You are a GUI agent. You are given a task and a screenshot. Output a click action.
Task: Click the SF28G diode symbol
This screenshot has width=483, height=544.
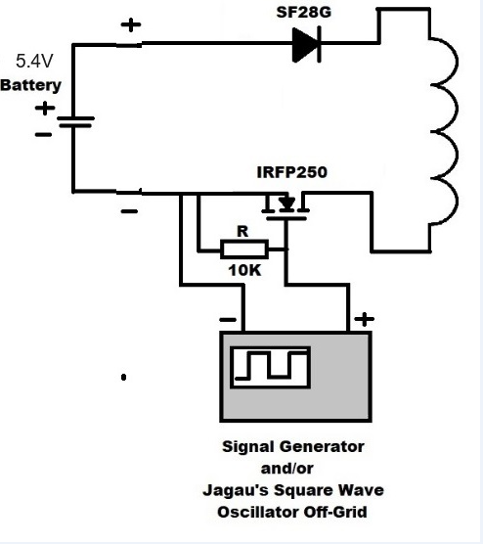[x=306, y=45]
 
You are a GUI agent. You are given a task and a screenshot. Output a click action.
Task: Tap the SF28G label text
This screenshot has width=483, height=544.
[x=304, y=12]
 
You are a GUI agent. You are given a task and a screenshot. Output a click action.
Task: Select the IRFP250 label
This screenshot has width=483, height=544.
[x=292, y=172]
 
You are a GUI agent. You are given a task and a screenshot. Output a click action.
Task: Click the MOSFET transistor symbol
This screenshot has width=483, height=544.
[x=285, y=208]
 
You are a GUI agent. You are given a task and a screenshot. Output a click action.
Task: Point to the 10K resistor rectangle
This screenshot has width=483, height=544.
[x=244, y=249]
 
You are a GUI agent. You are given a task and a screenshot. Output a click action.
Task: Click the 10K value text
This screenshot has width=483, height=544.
[x=244, y=270]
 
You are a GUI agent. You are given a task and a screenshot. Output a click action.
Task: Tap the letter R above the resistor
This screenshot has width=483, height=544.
[x=242, y=232]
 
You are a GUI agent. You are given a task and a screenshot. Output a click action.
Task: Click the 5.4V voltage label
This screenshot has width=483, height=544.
[x=34, y=61]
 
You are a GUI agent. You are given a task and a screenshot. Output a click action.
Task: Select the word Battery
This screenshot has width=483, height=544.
[x=31, y=85]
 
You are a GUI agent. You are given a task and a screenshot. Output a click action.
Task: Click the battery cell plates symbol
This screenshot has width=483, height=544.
[x=75, y=122]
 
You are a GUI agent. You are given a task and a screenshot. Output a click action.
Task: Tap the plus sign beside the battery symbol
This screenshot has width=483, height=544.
[x=45, y=108]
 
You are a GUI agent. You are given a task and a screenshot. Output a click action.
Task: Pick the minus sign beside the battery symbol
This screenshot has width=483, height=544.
[x=43, y=135]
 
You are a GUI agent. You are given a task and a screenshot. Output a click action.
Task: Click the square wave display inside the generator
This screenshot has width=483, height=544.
[x=271, y=368]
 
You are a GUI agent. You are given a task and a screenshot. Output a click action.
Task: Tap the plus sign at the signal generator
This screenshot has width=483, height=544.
[x=364, y=319]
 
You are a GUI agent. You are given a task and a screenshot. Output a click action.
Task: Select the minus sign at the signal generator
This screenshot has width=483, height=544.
[x=228, y=320]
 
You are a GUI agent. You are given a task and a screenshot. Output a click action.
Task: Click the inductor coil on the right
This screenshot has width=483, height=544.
[x=444, y=132]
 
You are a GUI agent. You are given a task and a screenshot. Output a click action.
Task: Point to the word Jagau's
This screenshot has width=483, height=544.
[x=236, y=490]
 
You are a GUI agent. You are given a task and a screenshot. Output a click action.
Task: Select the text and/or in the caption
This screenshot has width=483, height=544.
[x=287, y=469]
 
